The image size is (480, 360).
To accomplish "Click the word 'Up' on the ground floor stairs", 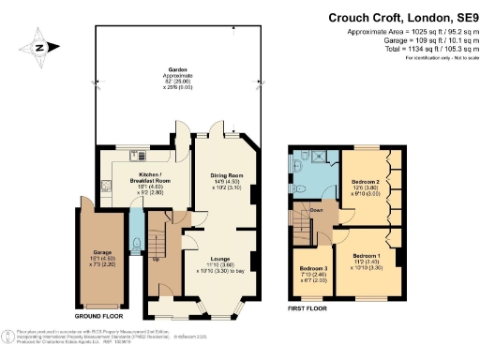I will pos(154,259).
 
